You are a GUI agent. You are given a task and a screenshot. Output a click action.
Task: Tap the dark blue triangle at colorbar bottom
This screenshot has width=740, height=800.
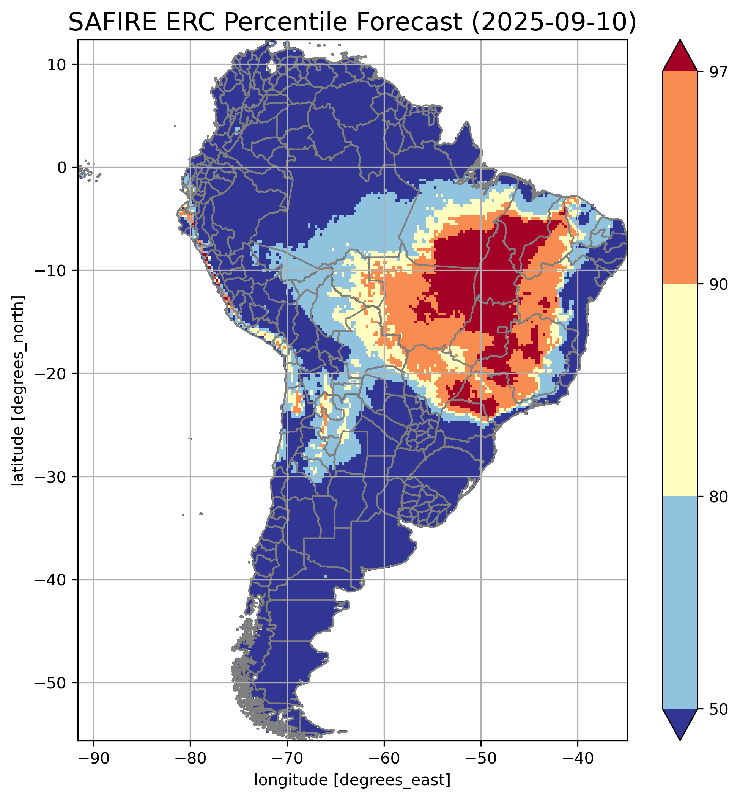680,722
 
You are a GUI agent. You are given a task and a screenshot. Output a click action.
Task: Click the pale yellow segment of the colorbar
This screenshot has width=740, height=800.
680,390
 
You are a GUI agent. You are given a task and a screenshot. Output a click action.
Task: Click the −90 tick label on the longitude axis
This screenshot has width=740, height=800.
93,759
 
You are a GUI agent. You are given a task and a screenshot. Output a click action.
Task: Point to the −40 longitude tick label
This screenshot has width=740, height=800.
577,759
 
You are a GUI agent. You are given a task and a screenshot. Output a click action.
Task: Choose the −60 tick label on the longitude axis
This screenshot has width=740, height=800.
384,759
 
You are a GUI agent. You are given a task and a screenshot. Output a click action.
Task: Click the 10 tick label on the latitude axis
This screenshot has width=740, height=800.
57,64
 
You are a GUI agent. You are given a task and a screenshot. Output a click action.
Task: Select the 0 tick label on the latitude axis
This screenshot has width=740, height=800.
61,168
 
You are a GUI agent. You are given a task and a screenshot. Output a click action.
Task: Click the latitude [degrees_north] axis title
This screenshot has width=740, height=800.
18,391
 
